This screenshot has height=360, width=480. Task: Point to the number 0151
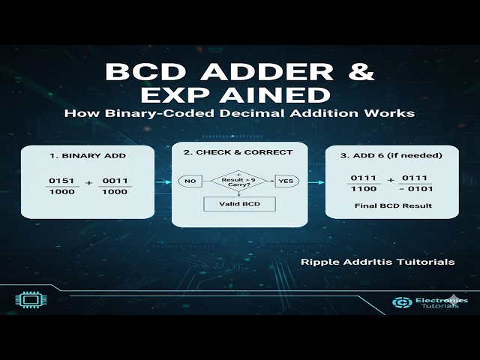coord(59,181)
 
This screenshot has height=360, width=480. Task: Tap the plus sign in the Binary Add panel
coord(89,182)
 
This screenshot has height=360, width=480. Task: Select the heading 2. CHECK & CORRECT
coord(238,152)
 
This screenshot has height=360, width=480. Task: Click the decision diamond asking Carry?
coord(238,181)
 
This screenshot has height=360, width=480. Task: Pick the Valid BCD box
coord(238,204)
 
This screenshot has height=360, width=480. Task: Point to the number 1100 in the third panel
coord(361,190)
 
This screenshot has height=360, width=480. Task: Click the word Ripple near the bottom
coord(319,262)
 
